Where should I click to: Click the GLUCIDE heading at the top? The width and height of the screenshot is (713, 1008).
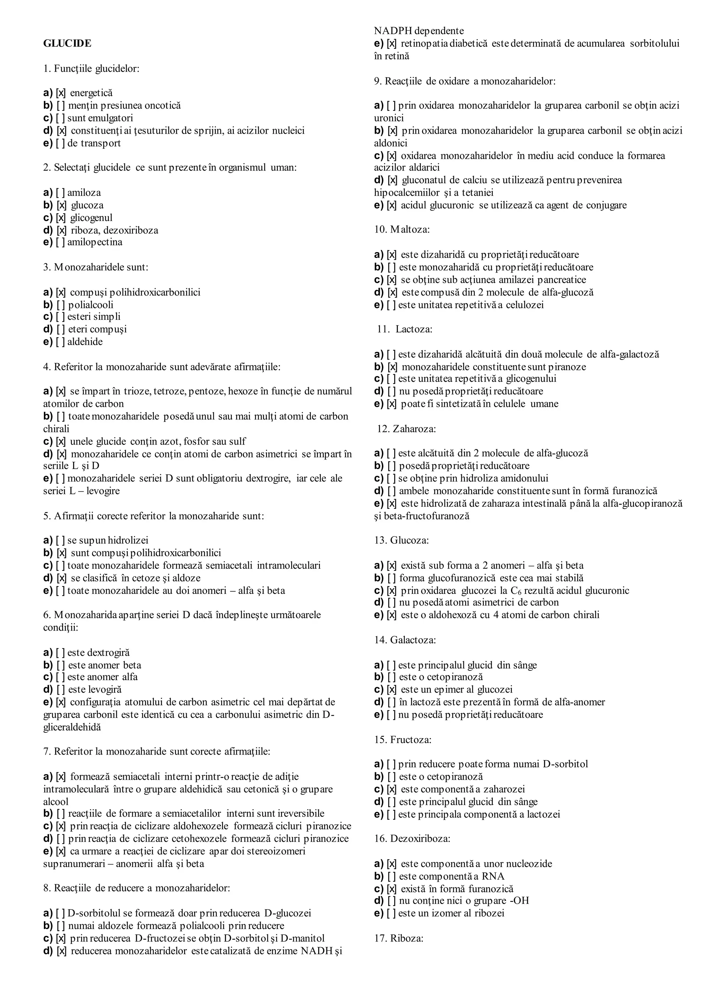point(67,44)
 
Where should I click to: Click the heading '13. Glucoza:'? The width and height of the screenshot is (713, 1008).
point(401,541)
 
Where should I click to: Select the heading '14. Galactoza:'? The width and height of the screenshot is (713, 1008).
point(405,640)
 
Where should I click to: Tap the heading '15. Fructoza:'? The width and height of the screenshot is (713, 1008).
point(402,740)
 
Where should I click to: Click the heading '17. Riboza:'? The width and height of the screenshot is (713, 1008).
point(399,939)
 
